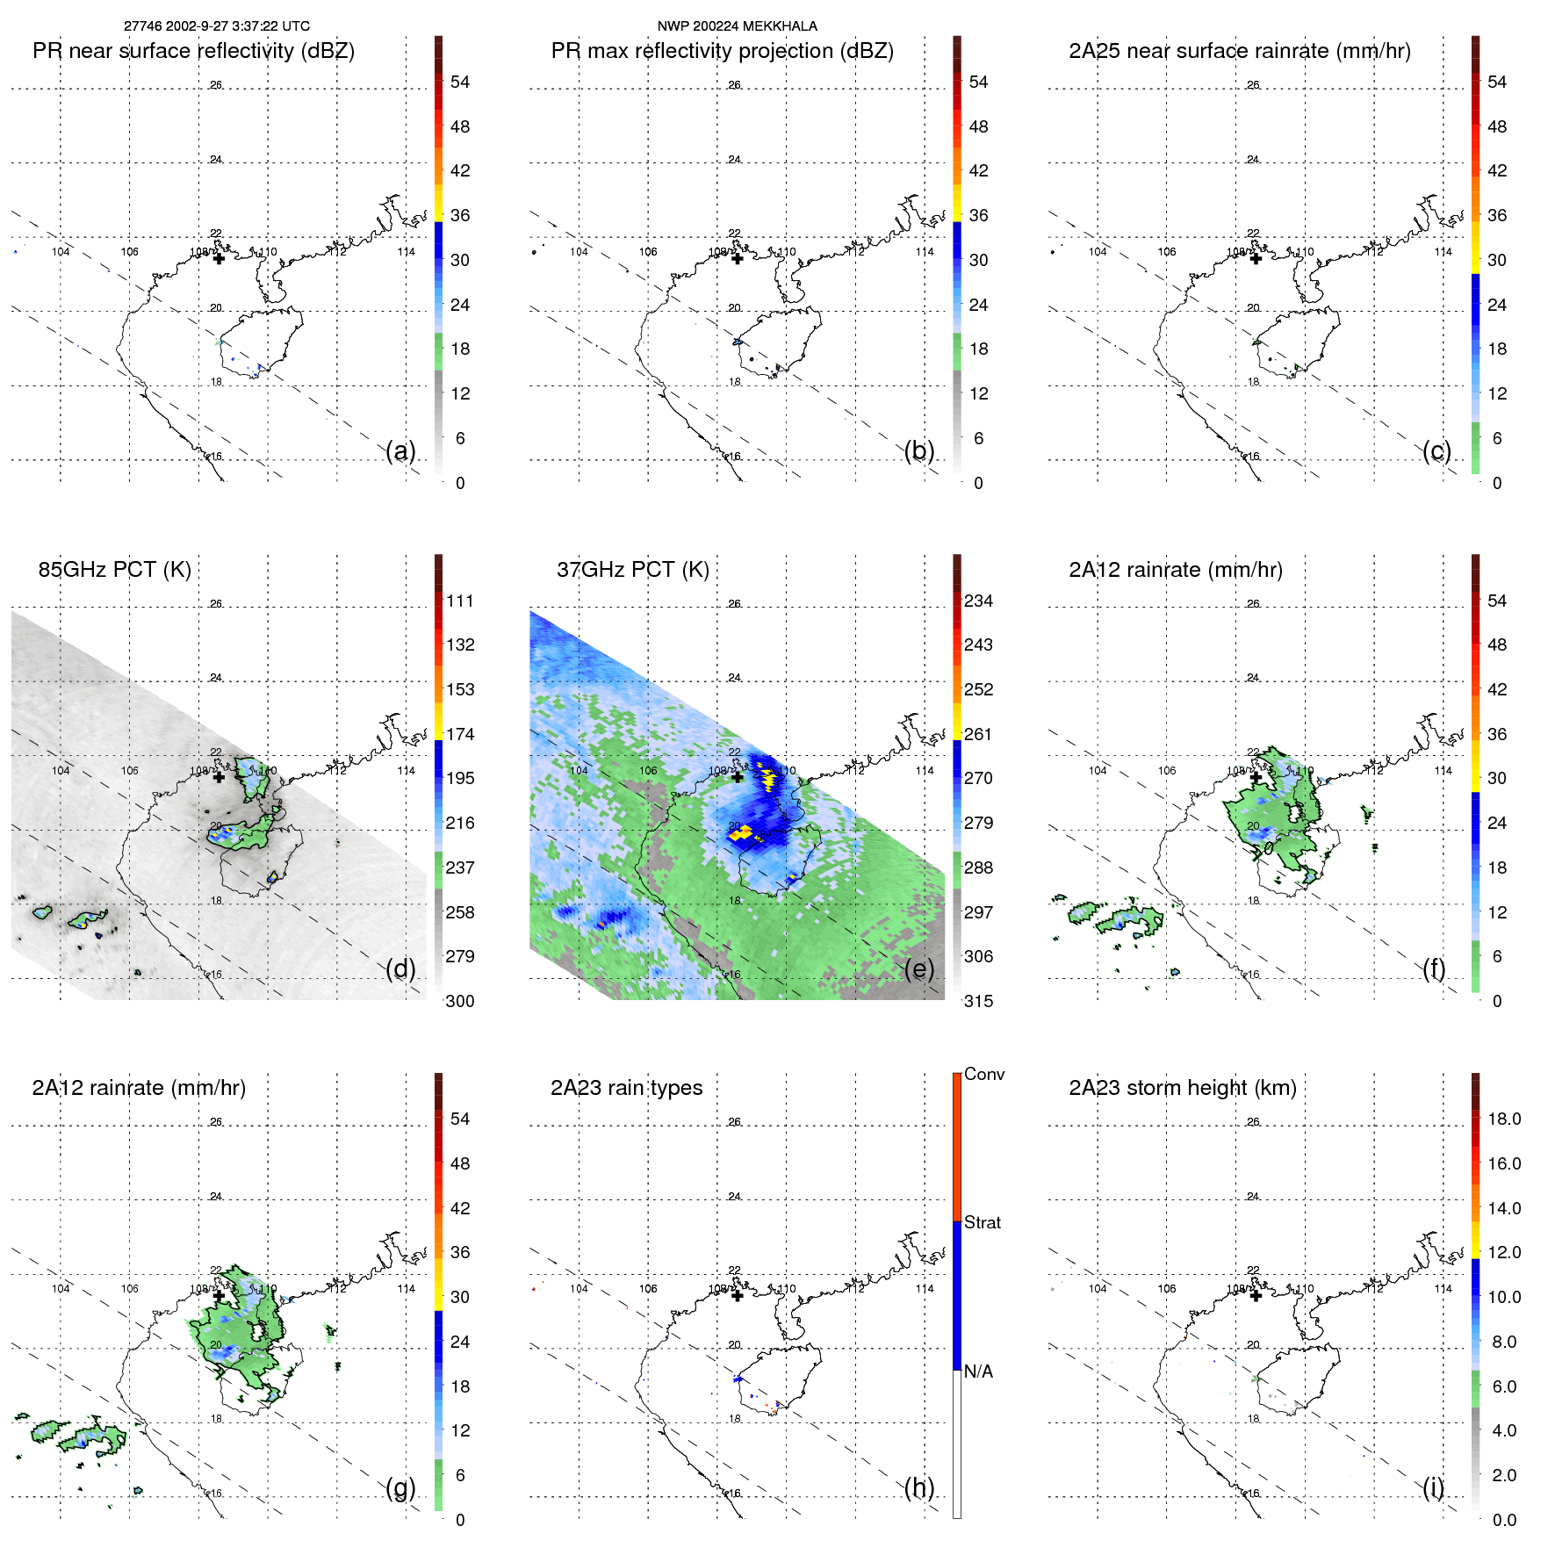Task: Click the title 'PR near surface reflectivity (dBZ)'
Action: (193, 51)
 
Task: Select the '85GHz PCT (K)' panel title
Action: (114, 570)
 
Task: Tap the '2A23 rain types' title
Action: (626, 1088)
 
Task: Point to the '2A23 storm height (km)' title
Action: (1182, 1088)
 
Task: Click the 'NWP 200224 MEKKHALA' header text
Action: (737, 26)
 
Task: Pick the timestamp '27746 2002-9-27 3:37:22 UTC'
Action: (217, 26)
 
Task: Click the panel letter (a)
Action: (400, 451)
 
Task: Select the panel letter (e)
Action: (919, 969)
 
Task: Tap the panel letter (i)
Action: (1433, 1487)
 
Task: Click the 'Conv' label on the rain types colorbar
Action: (983, 1074)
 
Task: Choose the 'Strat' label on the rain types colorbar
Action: (982, 1222)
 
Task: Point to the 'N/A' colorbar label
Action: (979, 1371)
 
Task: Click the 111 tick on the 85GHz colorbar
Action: (460, 601)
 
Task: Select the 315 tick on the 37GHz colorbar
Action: (978, 1001)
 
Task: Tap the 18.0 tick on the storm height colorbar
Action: (1503, 1119)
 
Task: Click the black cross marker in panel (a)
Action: (219, 258)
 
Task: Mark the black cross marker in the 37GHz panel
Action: (738, 776)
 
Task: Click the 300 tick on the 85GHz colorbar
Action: (460, 1001)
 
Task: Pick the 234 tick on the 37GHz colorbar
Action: (978, 601)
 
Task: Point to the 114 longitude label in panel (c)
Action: (1443, 252)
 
